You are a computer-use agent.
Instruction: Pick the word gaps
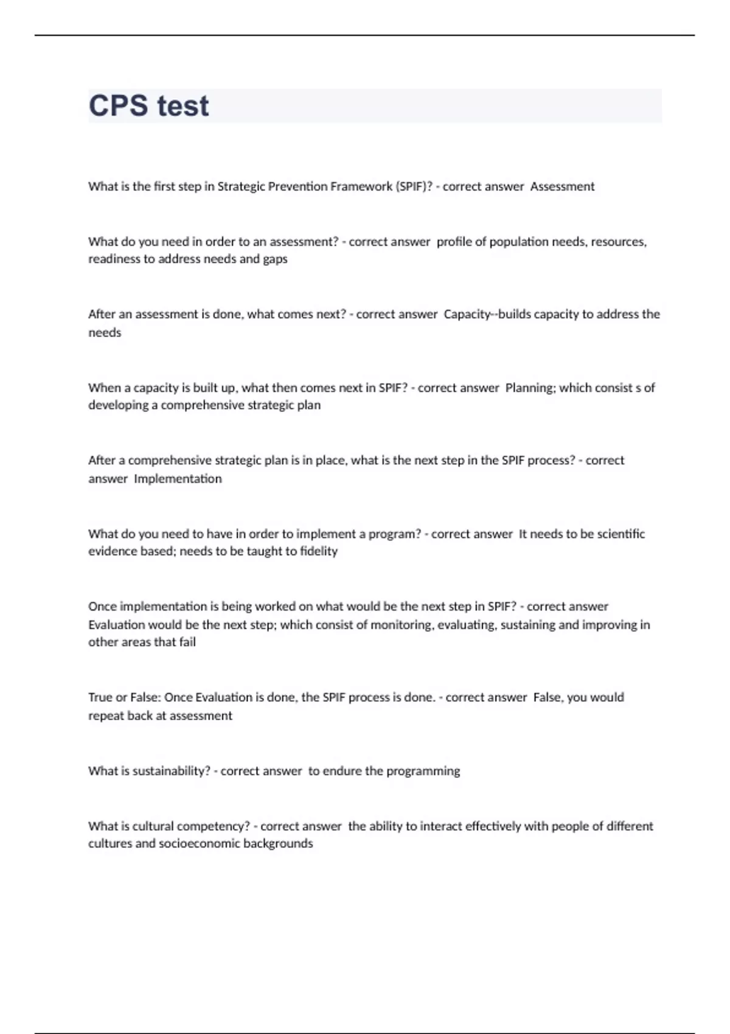pyautogui.click(x=275, y=259)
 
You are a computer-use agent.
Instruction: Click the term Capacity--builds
pyautogui.click(x=481, y=314)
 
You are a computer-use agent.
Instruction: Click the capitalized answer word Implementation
pyautogui.click(x=178, y=479)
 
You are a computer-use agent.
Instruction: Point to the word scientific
pyautogui.click(x=620, y=533)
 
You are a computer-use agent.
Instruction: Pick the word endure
pyautogui.click(x=342, y=771)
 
